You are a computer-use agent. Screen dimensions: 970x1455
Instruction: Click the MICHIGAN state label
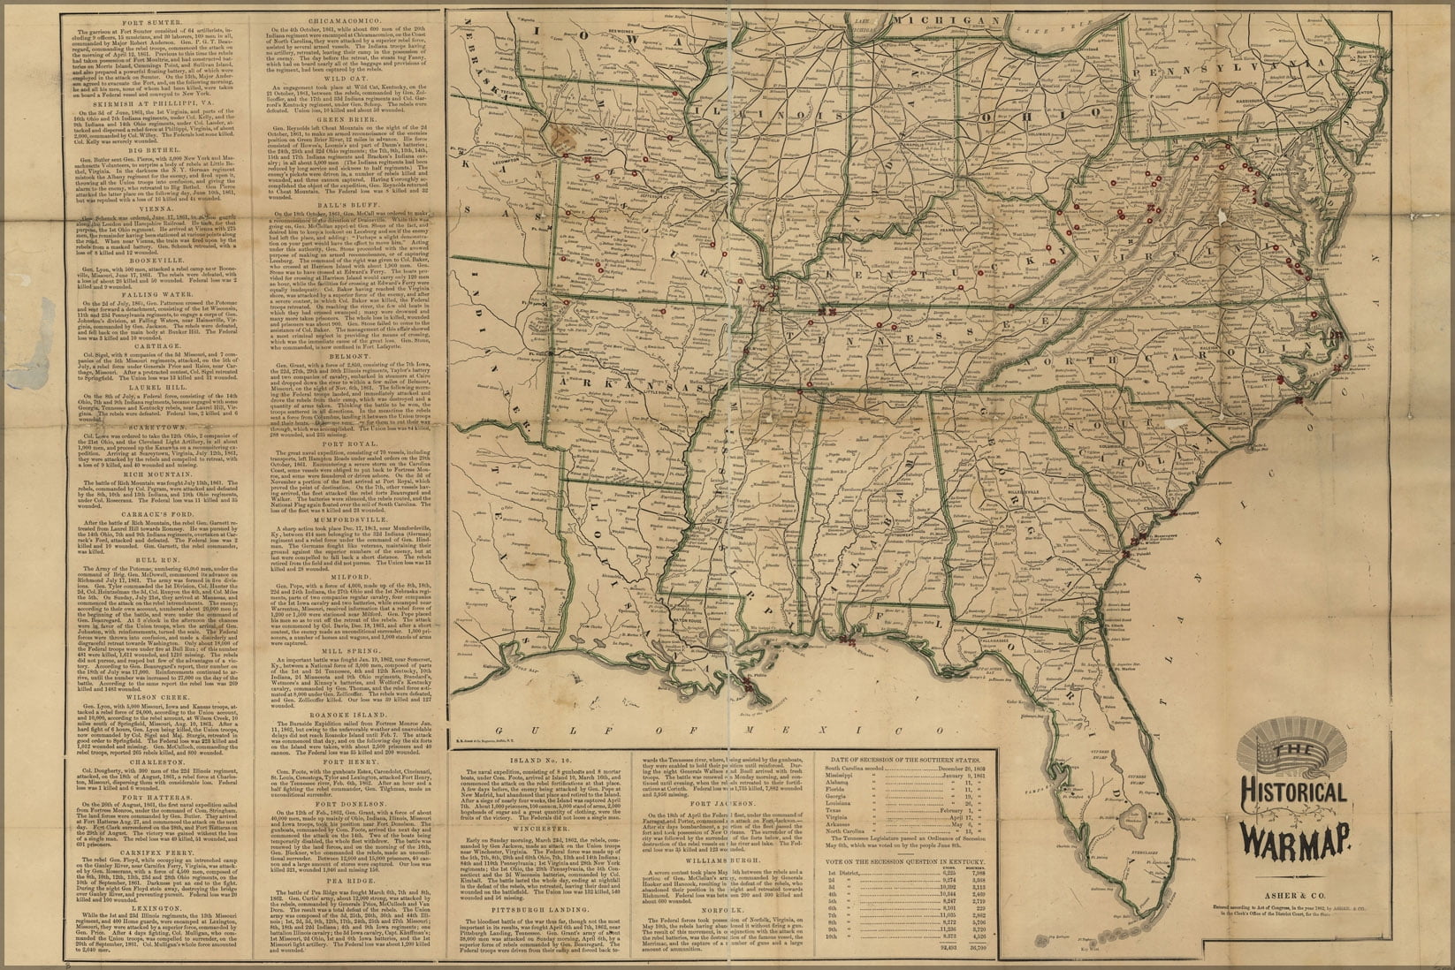(941, 19)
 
